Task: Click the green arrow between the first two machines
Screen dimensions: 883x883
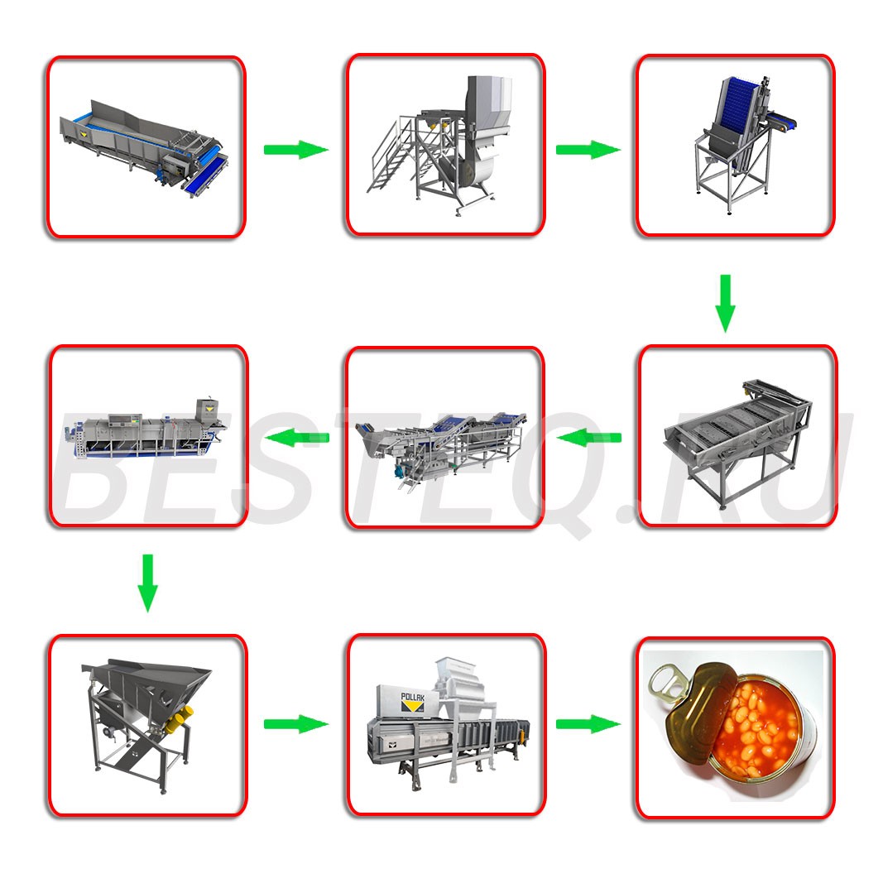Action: [x=296, y=150]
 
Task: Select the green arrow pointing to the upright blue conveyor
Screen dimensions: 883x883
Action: [x=588, y=150]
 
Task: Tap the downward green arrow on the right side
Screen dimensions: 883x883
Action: [x=725, y=304]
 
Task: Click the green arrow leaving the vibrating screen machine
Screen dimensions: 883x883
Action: [x=588, y=438]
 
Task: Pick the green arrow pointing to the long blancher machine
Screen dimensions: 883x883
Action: [x=297, y=438]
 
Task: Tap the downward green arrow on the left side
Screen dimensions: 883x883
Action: [x=147, y=583]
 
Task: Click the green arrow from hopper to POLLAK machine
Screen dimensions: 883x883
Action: [x=296, y=723]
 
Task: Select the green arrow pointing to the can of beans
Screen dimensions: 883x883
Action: [x=588, y=723]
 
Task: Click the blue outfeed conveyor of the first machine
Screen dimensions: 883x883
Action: [x=206, y=175]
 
